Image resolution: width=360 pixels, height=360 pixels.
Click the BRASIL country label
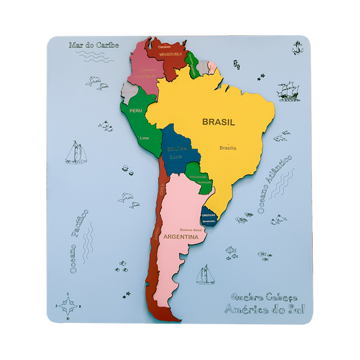(218, 122)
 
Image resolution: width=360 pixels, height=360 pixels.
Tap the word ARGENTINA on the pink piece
(180, 238)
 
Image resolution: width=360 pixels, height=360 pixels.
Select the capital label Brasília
(228, 147)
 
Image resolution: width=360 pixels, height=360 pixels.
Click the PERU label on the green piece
(135, 110)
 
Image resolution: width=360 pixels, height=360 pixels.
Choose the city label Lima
(144, 138)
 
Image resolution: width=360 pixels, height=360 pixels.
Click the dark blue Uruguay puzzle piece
(209, 217)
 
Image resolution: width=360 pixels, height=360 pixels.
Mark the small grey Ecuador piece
(128, 90)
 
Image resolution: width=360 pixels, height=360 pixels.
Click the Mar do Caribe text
(93, 45)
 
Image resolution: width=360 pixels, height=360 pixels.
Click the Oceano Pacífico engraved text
(79, 240)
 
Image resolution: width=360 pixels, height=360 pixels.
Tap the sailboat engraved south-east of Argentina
(205, 275)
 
